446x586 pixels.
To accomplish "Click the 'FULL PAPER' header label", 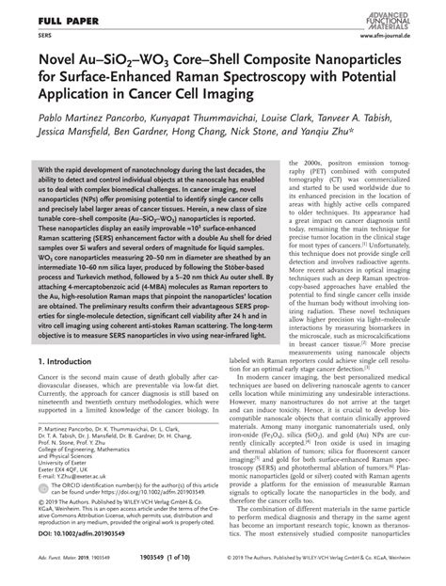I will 40,19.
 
